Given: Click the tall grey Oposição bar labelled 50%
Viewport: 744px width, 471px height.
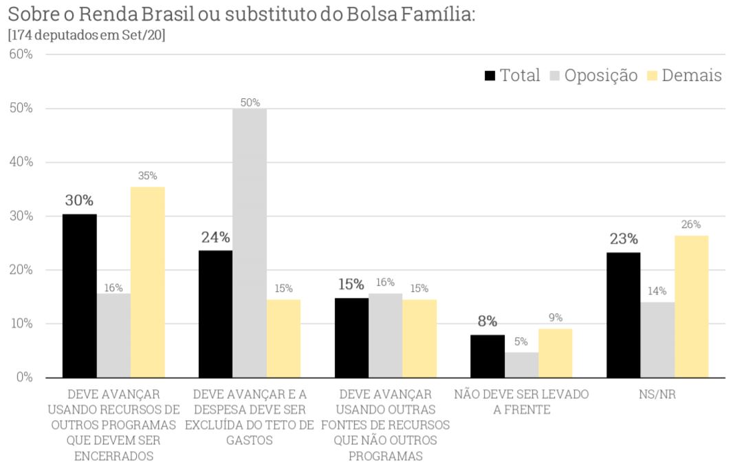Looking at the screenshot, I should click(250, 243).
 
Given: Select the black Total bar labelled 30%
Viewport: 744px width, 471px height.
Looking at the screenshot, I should click(80, 296).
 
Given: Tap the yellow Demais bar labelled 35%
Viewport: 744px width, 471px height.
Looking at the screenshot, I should click(148, 282).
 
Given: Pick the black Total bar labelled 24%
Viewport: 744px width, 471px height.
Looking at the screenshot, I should click(215, 314).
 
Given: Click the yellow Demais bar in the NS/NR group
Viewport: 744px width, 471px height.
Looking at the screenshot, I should click(691, 306).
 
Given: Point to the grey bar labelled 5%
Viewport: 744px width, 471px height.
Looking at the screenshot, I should click(521, 365).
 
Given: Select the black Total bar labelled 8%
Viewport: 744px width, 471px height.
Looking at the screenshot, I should click(488, 356).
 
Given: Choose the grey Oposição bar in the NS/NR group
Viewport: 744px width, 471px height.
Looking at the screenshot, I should click(657, 340).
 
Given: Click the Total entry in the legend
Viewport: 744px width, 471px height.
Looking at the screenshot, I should click(513, 76).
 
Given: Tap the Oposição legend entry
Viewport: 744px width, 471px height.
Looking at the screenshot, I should click(595, 76).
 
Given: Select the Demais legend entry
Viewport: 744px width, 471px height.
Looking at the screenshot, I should click(685, 76).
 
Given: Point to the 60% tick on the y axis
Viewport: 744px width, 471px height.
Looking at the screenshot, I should click(21, 54).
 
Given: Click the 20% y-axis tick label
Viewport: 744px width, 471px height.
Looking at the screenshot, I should click(21, 270).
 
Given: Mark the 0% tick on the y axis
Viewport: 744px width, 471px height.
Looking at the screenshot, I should click(24, 378).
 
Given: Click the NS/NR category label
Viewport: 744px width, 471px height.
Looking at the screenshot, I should click(657, 395).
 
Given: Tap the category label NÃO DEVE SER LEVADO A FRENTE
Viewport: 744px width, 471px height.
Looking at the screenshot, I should click(521, 402).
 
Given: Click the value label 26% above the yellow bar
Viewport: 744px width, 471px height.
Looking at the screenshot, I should click(691, 225).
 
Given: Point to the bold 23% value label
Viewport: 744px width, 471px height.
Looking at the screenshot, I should click(623, 239).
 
